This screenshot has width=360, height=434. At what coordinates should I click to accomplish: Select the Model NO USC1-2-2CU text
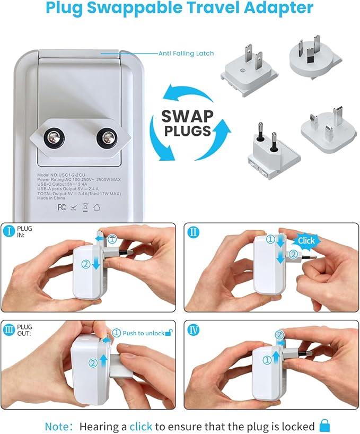tap(65, 175)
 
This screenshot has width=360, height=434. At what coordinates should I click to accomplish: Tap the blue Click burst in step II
tap(306, 240)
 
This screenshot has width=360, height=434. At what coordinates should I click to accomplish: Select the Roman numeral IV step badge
tap(194, 329)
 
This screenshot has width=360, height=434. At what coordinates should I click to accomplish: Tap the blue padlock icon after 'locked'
tap(324, 426)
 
